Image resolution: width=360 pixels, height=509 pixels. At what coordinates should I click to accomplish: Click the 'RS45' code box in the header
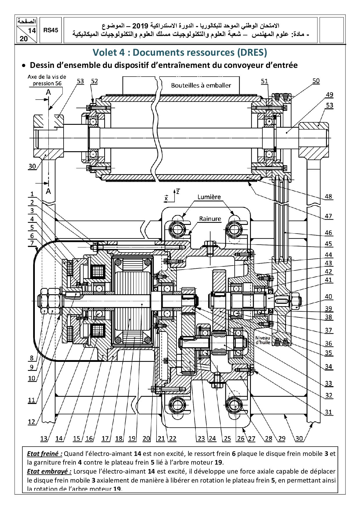(51, 30)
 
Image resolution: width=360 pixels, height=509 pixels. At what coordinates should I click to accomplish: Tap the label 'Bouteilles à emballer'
(201, 85)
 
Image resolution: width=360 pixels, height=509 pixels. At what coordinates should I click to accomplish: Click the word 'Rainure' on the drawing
(210, 219)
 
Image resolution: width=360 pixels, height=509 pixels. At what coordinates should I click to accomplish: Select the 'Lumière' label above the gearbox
(209, 197)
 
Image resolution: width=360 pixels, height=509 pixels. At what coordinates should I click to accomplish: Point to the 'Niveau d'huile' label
(263, 340)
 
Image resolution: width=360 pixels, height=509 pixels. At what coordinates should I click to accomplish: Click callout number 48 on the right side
(328, 196)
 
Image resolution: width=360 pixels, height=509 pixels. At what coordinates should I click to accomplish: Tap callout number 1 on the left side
(32, 194)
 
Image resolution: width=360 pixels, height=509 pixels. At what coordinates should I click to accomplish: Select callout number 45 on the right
(328, 243)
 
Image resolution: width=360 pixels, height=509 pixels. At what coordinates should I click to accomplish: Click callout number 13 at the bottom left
(44, 438)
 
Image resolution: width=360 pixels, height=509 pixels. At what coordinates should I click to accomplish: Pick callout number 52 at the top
(94, 81)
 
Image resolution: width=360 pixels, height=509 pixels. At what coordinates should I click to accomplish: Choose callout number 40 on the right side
(328, 297)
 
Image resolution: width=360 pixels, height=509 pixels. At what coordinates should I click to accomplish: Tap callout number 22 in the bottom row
(172, 438)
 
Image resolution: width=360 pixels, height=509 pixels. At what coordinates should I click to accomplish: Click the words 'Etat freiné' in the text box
(44, 454)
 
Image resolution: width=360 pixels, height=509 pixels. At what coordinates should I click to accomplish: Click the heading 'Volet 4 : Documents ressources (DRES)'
(180, 53)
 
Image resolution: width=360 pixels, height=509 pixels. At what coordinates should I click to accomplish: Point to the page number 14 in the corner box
(32, 31)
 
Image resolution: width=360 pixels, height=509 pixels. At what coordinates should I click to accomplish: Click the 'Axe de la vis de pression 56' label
(47, 80)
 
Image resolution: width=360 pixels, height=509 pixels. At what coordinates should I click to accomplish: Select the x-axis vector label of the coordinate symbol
(166, 198)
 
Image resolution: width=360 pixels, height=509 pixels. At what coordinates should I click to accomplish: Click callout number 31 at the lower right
(328, 412)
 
